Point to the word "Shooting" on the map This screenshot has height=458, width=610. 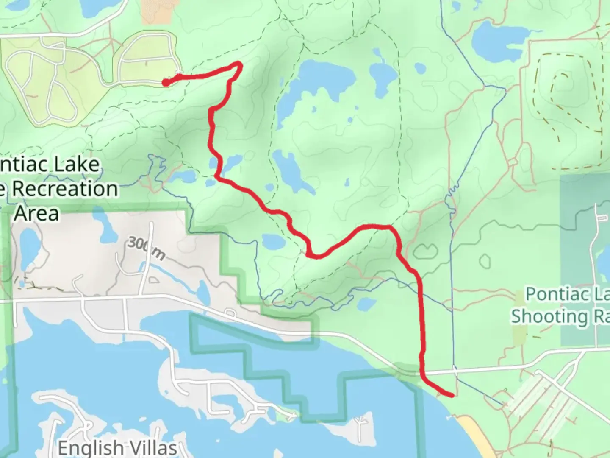tap(549, 316)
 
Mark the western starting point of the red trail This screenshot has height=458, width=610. tap(166, 83)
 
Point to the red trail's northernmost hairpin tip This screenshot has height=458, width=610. tap(239, 64)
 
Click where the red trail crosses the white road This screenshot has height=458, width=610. tap(422, 372)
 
